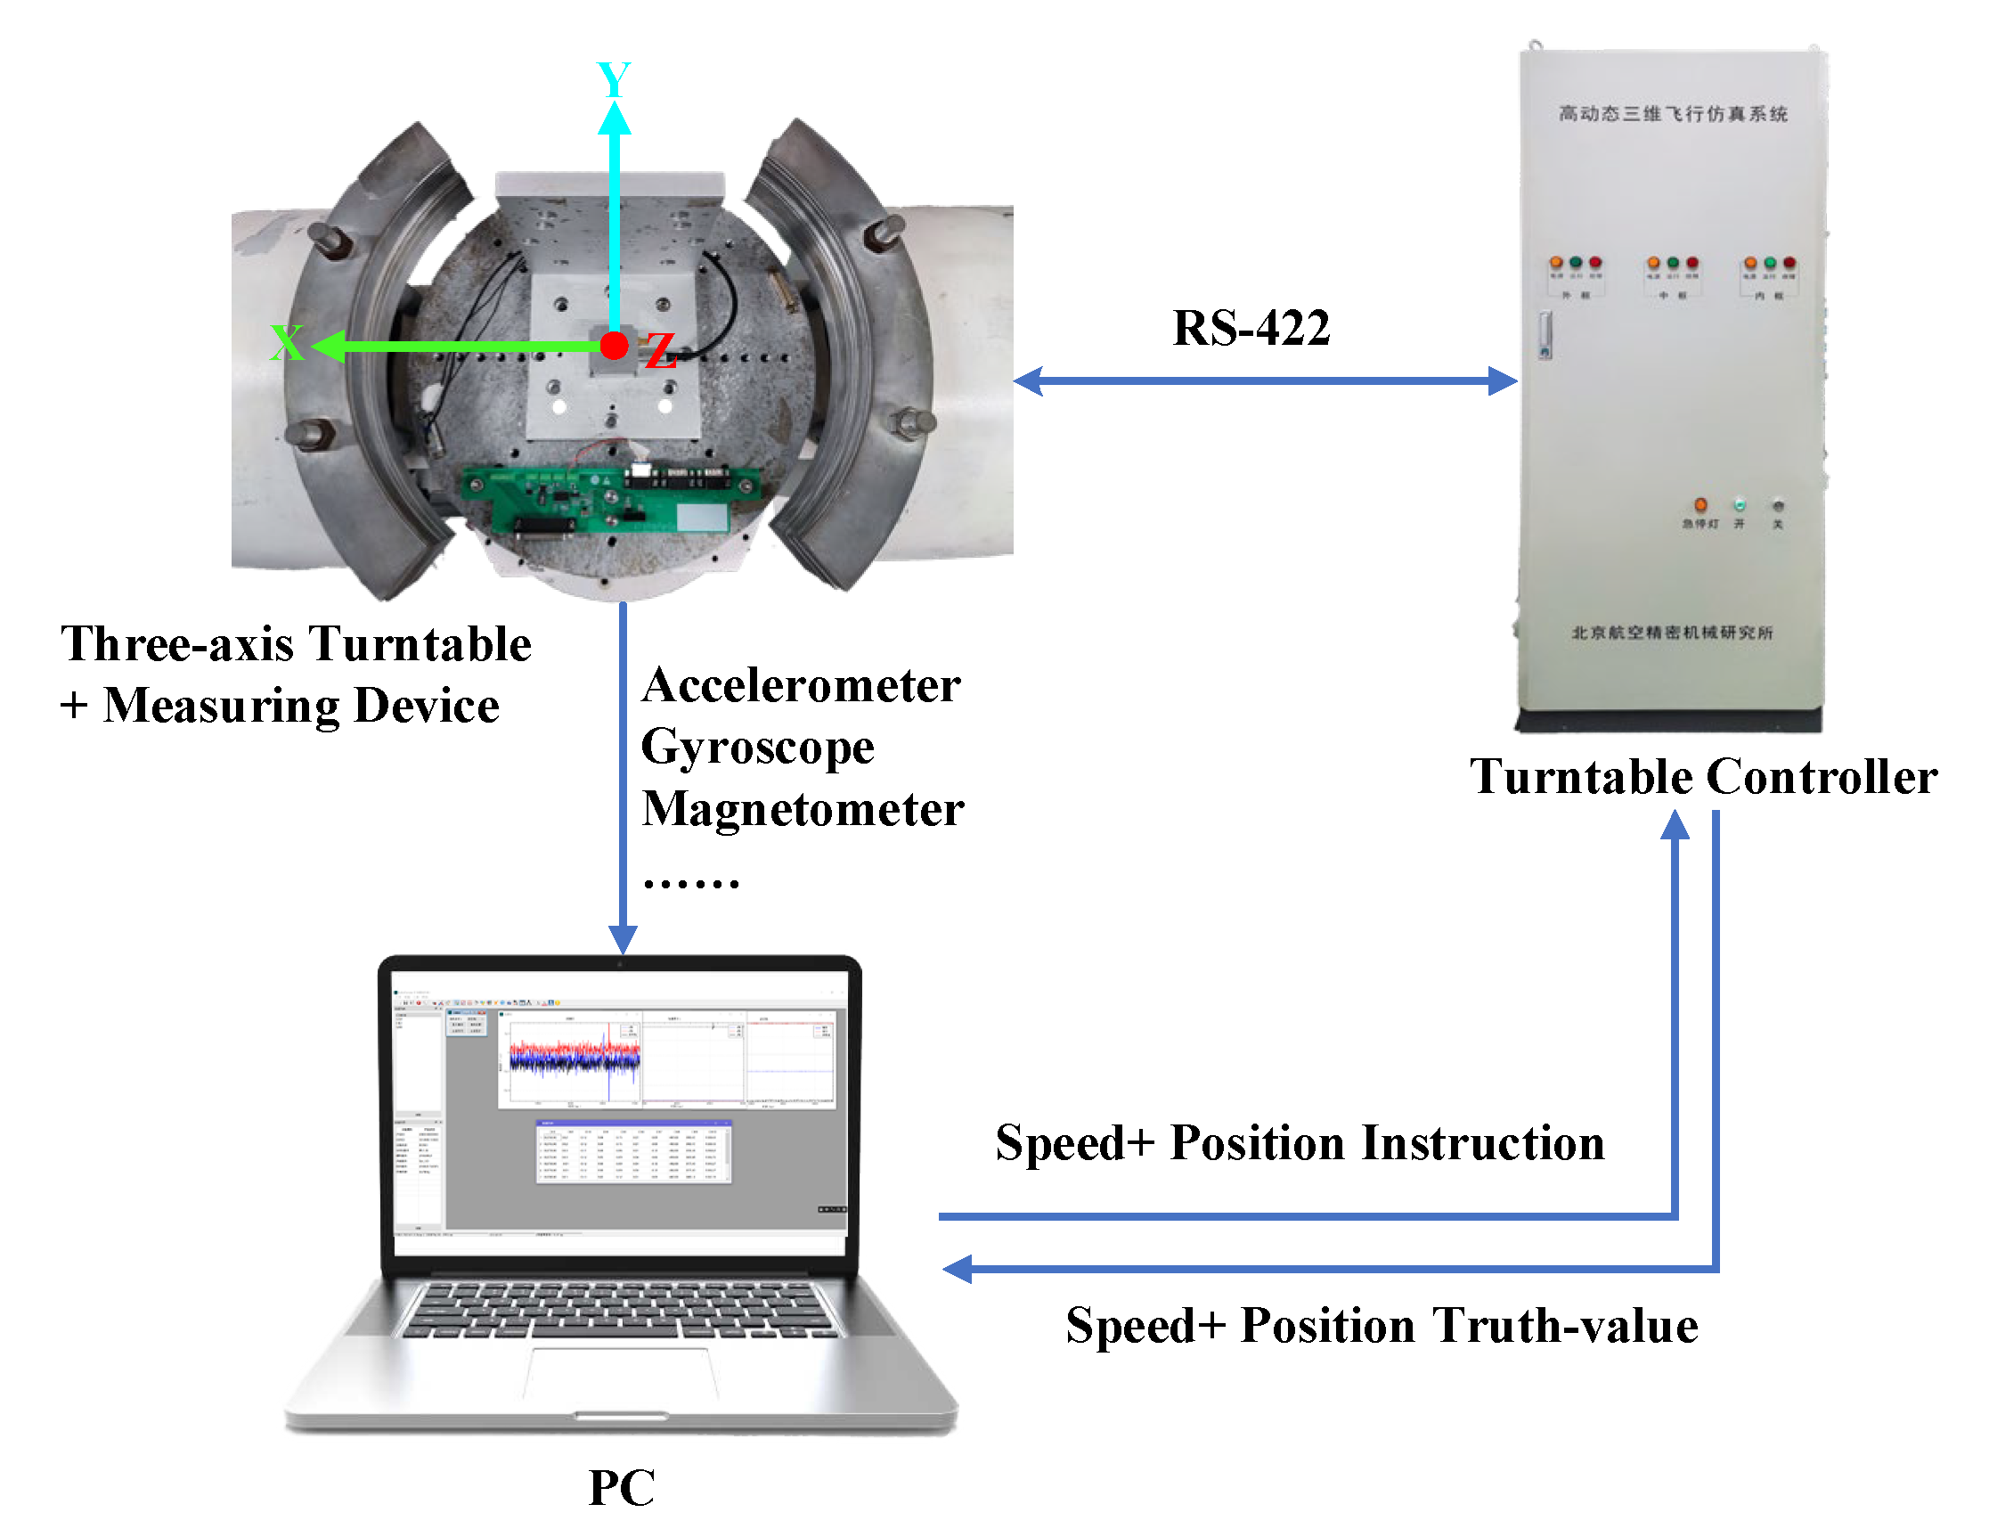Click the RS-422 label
1251,328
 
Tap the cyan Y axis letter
613,80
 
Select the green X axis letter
287,343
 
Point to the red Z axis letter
660,352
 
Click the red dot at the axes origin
615,346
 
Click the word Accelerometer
801,686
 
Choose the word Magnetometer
803,809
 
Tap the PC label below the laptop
621,1488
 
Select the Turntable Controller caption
1703,777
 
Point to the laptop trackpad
621,1375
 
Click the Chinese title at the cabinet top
1672,114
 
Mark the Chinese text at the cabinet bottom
1672,633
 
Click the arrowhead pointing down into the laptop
623,939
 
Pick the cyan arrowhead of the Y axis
615,119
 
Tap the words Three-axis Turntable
296,645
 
